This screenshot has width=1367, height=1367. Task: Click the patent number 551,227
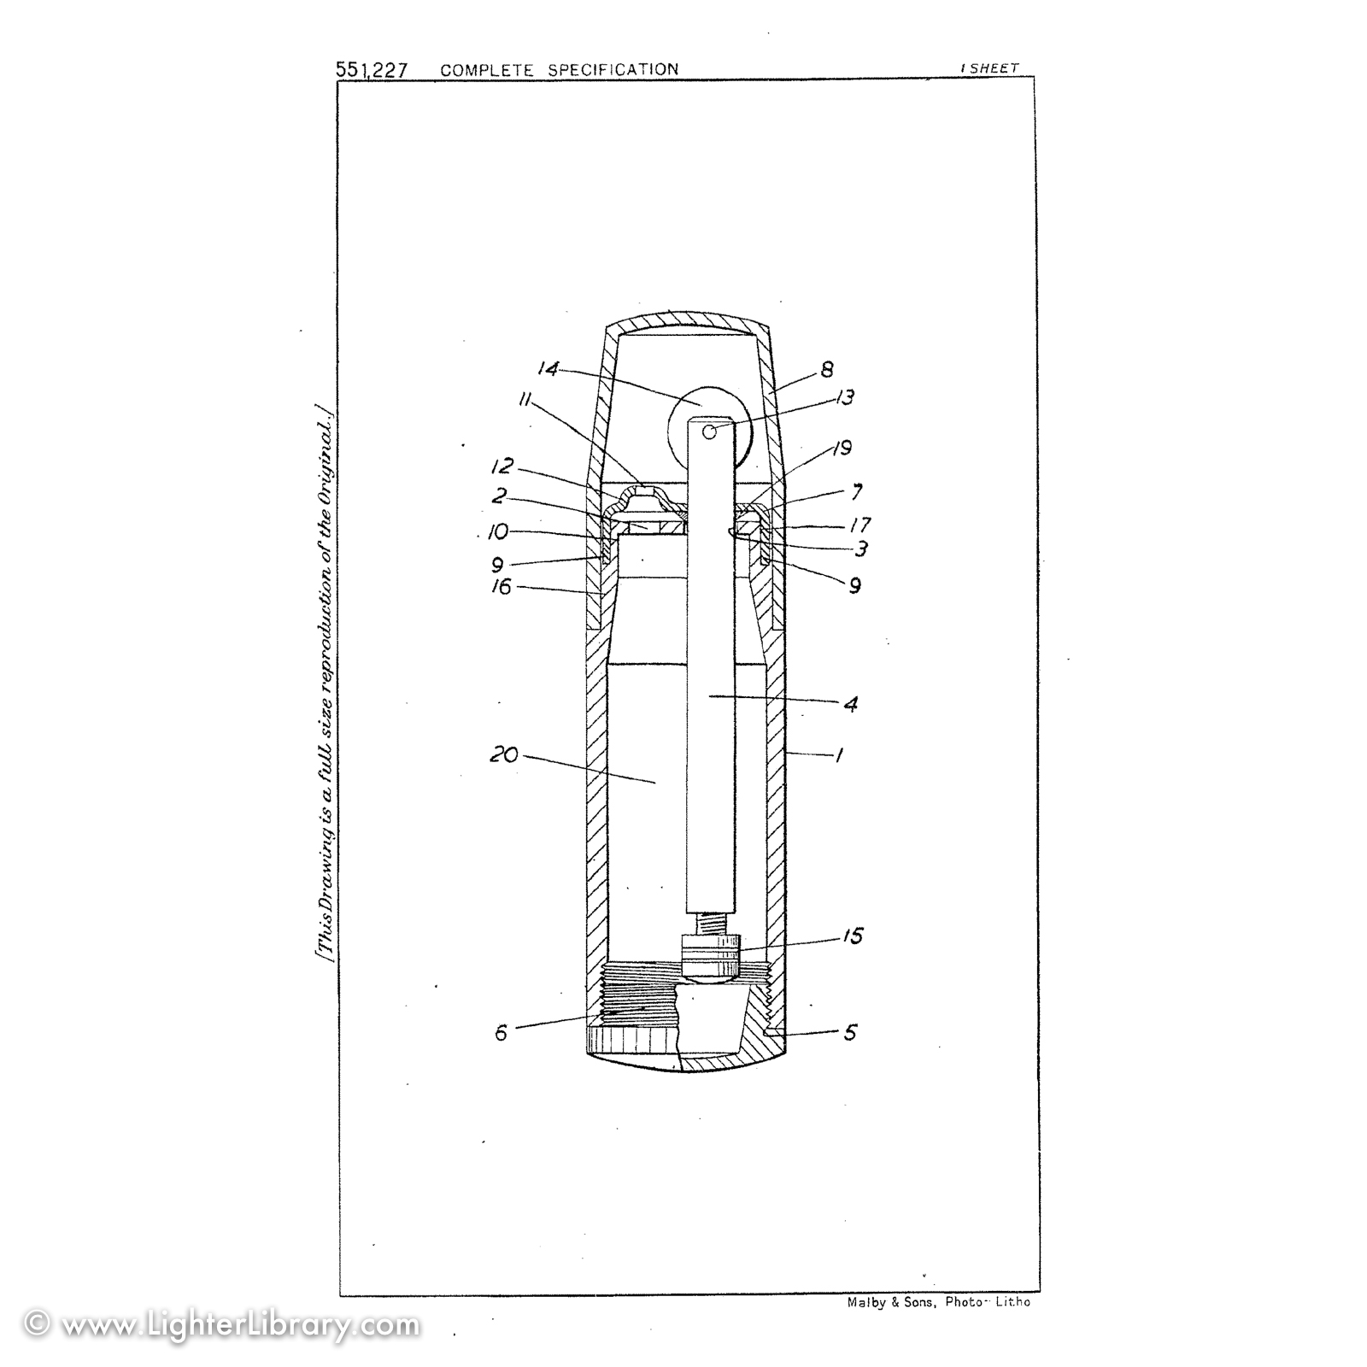372,70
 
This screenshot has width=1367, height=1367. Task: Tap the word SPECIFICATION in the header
613,69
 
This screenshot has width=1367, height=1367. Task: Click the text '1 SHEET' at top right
989,68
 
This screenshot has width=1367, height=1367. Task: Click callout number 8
826,370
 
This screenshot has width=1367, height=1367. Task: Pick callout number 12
502,467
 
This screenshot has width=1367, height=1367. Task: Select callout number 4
850,705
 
